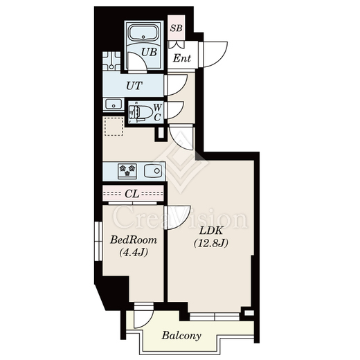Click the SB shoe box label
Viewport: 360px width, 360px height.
click(x=177, y=28)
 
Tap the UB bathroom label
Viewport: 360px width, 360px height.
click(x=149, y=52)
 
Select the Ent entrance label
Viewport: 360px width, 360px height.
click(x=182, y=58)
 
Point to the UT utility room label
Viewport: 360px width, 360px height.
click(x=134, y=86)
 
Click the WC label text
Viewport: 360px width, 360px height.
click(x=157, y=112)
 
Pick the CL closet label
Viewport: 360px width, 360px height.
click(x=132, y=194)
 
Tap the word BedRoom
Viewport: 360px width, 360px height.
click(x=134, y=240)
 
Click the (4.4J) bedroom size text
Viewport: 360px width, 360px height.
click(x=134, y=253)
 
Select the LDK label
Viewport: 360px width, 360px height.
click(x=211, y=231)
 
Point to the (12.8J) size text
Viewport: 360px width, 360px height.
click(x=211, y=243)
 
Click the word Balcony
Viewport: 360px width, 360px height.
click(x=181, y=335)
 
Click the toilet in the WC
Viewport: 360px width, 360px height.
click(x=140, y=113)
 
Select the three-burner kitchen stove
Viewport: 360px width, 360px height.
click(x=127, y=171)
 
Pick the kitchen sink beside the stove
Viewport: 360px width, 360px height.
click(x=152, y=171)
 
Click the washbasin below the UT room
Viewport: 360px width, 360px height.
click(x=113, y=105)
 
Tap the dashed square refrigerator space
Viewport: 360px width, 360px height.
click(x=114, y=126)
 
